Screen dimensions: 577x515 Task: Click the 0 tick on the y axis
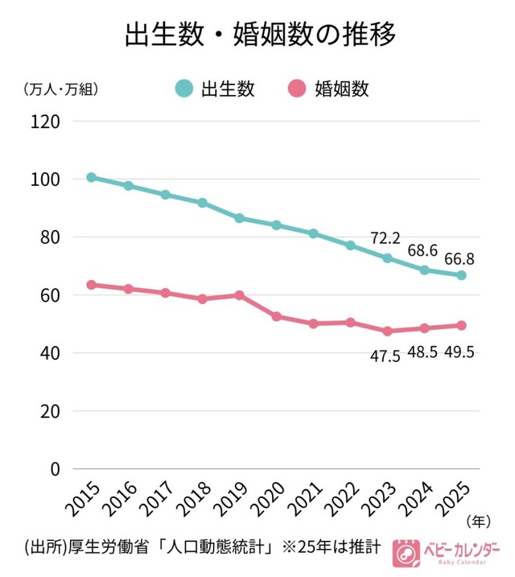[x=56, y=468]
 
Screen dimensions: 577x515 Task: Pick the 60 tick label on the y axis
[x=51, y=295]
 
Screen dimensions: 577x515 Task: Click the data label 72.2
[x=385, y=238]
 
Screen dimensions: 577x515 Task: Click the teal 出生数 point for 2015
[x=92, y=177]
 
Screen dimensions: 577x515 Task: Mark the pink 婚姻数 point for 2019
[x=240, y=295]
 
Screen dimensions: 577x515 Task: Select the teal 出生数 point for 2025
[x=462, y=275]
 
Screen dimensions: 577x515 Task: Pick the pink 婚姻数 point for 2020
[x=277, y=316]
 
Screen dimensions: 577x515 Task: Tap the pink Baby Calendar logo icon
[x=405, y=552]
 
